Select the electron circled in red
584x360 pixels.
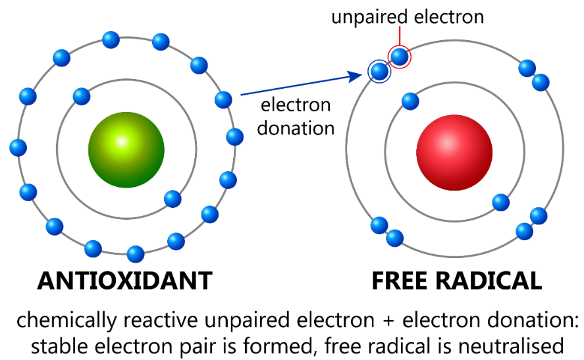(x=399, y=57)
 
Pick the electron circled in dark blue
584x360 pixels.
(x=379, y=70)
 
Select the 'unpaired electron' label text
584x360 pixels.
(x=408, y=16)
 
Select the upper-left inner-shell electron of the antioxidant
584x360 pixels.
(x=82, y=96)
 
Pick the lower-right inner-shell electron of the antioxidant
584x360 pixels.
(x=173, y=198)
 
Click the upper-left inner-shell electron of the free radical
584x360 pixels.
(x=410, y=101)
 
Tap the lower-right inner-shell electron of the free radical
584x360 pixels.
(x=500, y=201)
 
